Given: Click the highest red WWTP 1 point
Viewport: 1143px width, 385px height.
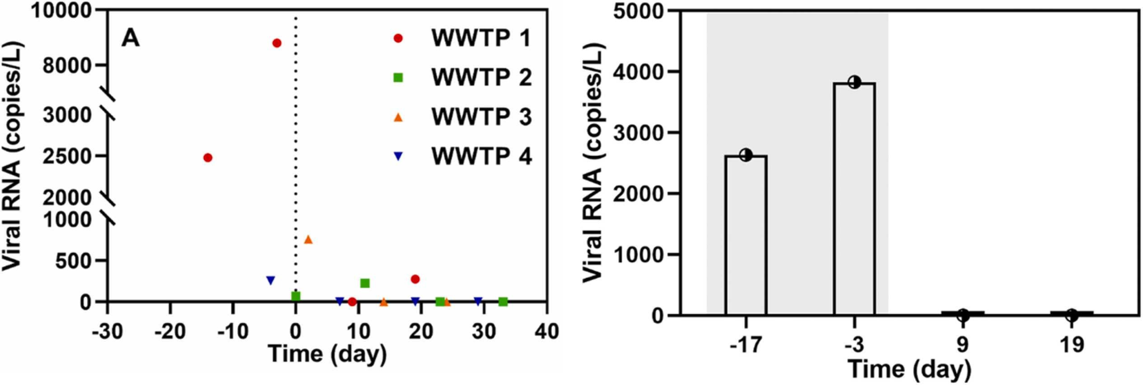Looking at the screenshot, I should tap(277, 43).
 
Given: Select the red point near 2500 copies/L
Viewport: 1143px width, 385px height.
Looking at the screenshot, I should tap(208, 158).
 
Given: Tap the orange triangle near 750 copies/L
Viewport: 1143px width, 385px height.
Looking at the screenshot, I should tap(308, 239).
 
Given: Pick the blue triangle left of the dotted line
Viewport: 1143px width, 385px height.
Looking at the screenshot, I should tap(271, 281).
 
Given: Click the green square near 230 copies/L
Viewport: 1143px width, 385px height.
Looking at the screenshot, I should tap(365, 283).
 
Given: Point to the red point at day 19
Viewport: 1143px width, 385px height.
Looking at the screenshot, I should tap(415, 279).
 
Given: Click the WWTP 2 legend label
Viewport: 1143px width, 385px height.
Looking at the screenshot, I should tap(481, 77).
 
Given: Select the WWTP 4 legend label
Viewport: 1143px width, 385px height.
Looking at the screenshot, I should tap(481, 156).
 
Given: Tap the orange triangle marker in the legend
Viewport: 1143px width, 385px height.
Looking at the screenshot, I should tap(398, 117).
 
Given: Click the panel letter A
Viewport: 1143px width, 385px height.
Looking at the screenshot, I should tap(130, 38).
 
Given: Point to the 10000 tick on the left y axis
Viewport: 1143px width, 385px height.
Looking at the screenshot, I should tap(61, 10).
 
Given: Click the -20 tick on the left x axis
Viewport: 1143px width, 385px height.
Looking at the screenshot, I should tap(170, 332).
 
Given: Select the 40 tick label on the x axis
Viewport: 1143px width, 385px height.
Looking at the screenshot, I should tap(546, 332).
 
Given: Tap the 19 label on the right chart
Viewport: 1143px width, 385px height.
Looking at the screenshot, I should tap(1072, 345).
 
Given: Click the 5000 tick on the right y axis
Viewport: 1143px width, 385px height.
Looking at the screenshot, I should tap(638, 12).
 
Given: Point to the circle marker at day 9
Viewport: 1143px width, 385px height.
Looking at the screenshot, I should tap(963, 315).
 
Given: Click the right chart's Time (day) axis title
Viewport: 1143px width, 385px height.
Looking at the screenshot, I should tap(909, 369).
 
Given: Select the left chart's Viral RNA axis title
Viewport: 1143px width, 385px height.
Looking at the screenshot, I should tap(12, 157).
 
